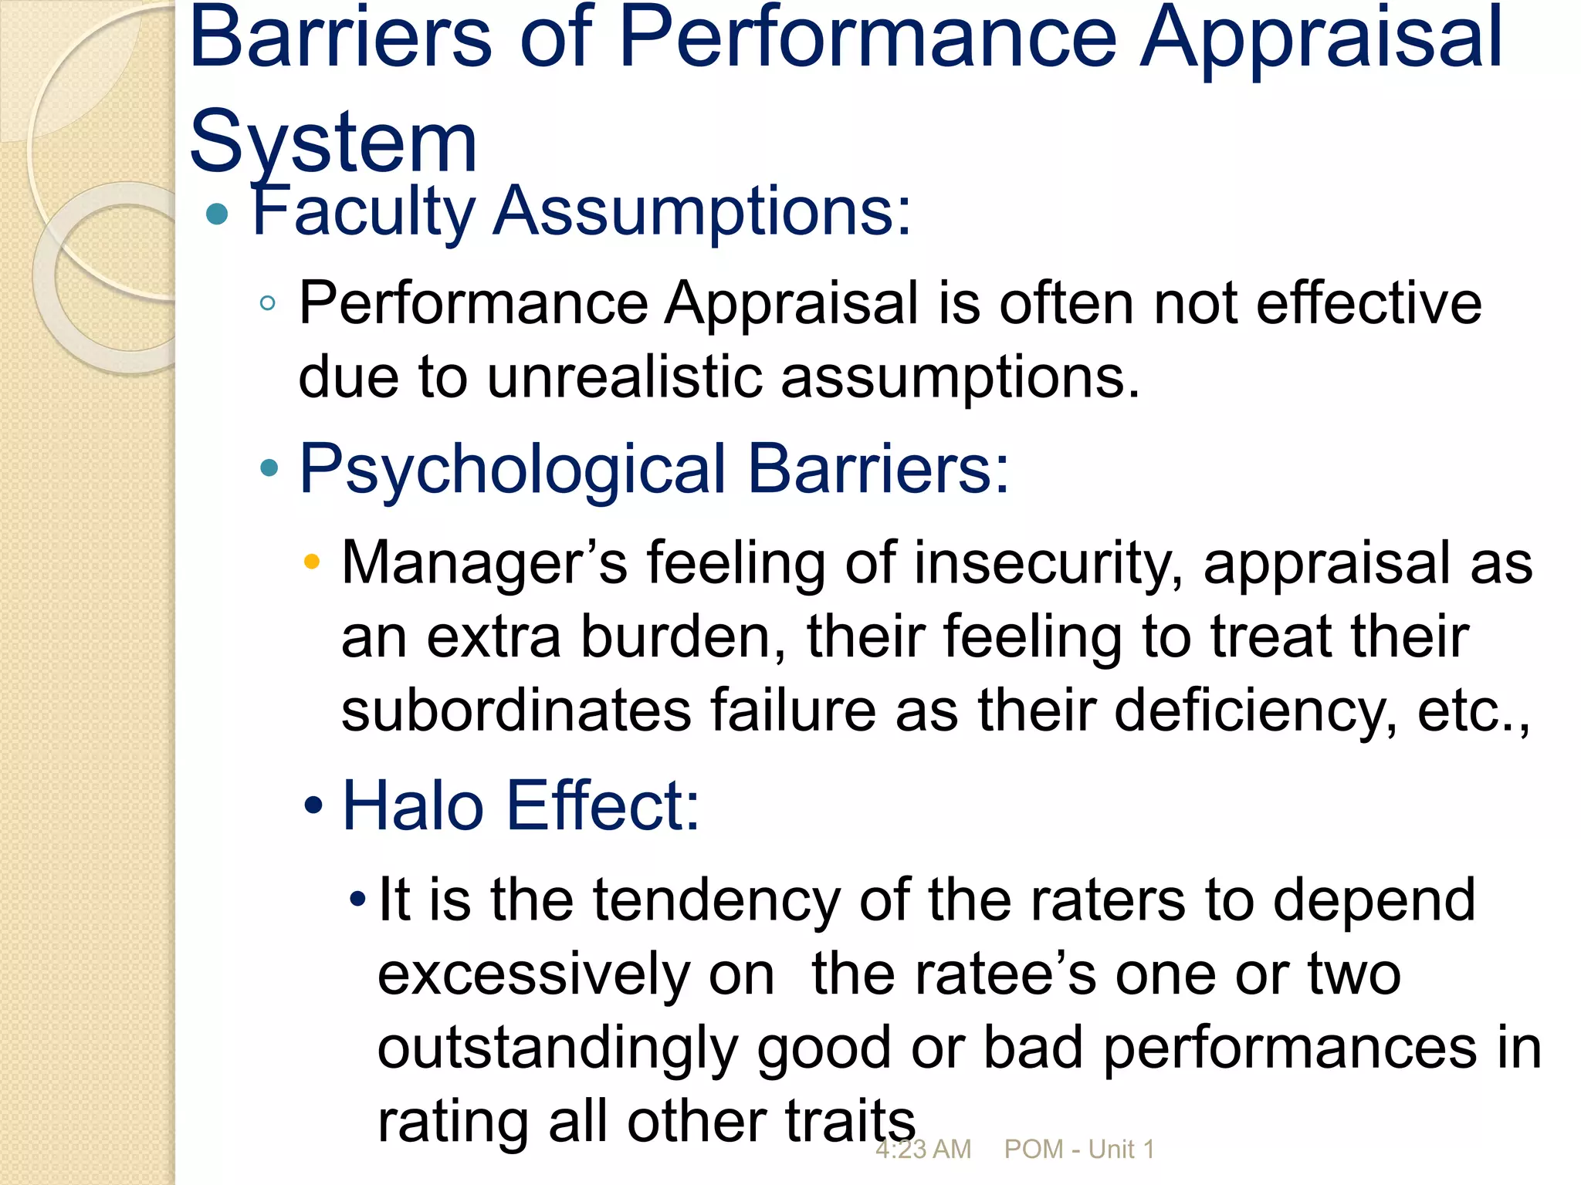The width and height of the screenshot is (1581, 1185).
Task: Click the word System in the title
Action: pyautogui.click(x=333, y=143)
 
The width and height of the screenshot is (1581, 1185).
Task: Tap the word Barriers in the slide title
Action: pyautogui.click(x=340, y=39)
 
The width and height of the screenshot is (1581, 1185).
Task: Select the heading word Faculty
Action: pyautogui.click(x=363, y=211)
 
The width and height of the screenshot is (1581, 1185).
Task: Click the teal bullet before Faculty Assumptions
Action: pyautogui.click(x=218, y=214)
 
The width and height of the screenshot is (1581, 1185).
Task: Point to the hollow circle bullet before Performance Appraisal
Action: pyautogui.click(x=268, y=303)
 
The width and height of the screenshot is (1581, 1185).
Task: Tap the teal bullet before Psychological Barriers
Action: pyautogui.click(x=269, y=468)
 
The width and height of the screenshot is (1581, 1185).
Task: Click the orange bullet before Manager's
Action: pyautogui.click(x=312, y=561)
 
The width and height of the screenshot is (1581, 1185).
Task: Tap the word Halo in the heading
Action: pyautogui.click(x=413, y=806)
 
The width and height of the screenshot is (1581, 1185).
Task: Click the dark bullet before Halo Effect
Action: pyautogui.click(x=313, y=805)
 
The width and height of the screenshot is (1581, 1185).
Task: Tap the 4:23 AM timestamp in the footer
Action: pyautogui.click(x=923, y=1150)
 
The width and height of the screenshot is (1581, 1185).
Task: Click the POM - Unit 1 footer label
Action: pyautogui.click(x=1079, y=1150)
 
